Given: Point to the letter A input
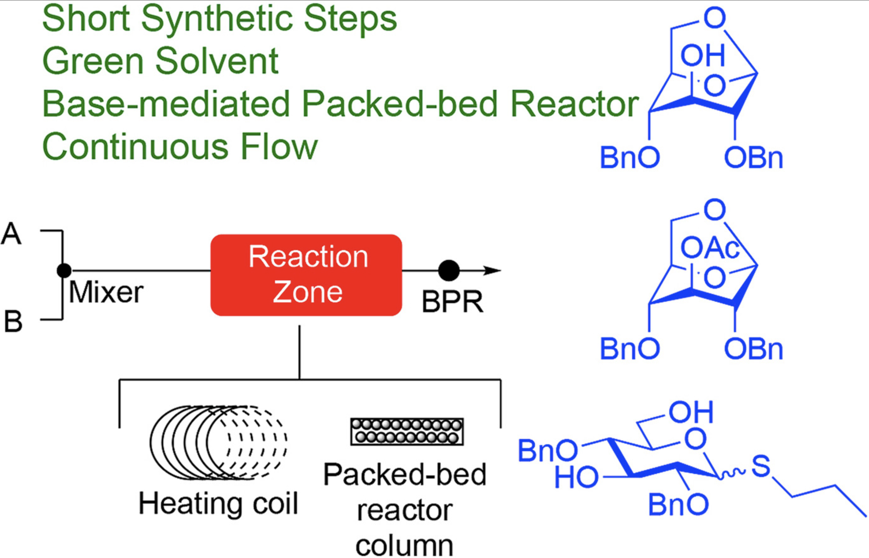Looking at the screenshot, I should point(12,234).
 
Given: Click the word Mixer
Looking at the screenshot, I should point(106,293).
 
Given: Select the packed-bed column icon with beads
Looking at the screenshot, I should point(406,431).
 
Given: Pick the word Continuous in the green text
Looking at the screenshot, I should point(135,146).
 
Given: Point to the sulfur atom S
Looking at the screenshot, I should point(760,466).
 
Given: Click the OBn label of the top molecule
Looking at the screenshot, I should point(753,158).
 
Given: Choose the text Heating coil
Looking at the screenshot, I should point(218,503).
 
